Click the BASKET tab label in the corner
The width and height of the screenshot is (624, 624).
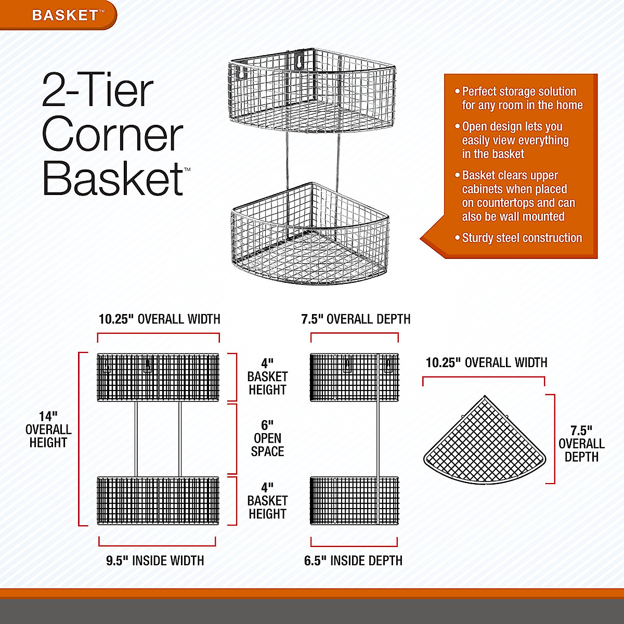click(x=65, y=15)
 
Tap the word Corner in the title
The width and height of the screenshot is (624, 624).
click(x=112, y=134)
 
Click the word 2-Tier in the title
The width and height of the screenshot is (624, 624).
click(x=98, y=90)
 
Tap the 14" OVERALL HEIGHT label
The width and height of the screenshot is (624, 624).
click(x=48, y=430)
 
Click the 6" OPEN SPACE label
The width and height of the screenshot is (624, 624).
click(x=267, y=438)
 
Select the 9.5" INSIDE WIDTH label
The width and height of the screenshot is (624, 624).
click(x=155, y=561)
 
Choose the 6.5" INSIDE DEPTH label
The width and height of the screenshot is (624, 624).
click(x=354, y=561)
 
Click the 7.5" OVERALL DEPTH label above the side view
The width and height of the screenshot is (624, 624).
click(x=356, y=319)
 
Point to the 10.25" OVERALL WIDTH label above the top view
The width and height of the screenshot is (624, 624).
click(x=486, y=362)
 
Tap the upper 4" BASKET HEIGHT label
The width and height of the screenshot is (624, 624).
click(x=267, y=376)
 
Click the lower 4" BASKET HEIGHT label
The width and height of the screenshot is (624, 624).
click(x=267, y=501)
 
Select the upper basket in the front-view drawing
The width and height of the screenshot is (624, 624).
click(x=158, y=377)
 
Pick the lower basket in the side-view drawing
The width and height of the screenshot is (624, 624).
click(x=354, y=500)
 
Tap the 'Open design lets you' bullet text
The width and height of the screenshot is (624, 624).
click(x=515, y=140)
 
